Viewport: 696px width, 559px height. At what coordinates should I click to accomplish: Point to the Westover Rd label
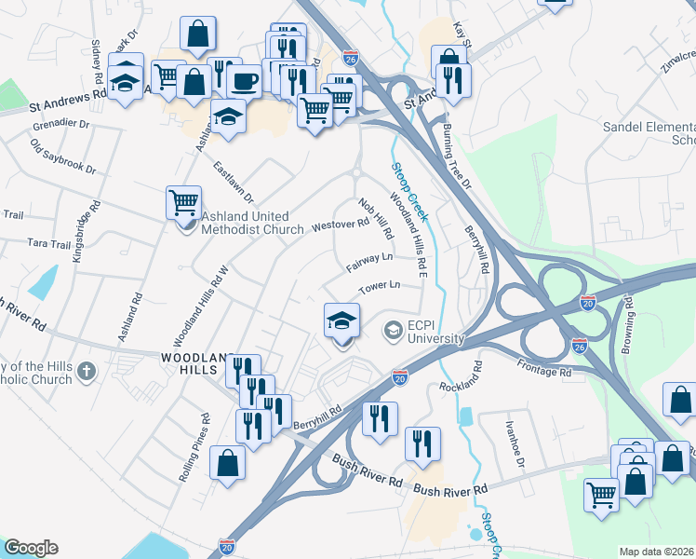pos(341,225)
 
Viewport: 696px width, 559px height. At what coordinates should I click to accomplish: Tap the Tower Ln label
pos(380,286)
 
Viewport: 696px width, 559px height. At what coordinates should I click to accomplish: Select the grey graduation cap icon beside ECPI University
pos(393,330)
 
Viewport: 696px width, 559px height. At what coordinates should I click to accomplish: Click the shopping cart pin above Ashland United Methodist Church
pos(183,201)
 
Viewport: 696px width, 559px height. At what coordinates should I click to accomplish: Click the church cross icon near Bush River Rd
pos(87,372)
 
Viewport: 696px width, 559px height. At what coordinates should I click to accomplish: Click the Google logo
pos(31,548)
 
